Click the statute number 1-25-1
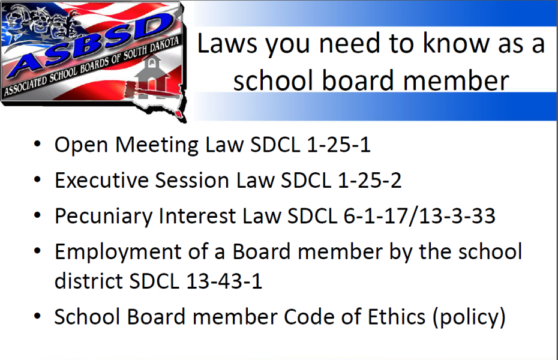pos(338,145)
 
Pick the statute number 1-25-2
pos(370,181)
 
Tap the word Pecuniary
pos(104,217)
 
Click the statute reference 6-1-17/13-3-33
pos(419,216)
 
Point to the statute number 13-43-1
pos(224,281)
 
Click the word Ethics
pos(396,317)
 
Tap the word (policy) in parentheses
pos(469,317)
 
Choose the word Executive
pos(101,181)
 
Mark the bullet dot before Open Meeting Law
pos(37,145)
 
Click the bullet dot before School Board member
pos(37,316)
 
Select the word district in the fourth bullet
pos(89,281)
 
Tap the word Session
pos(192,181)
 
